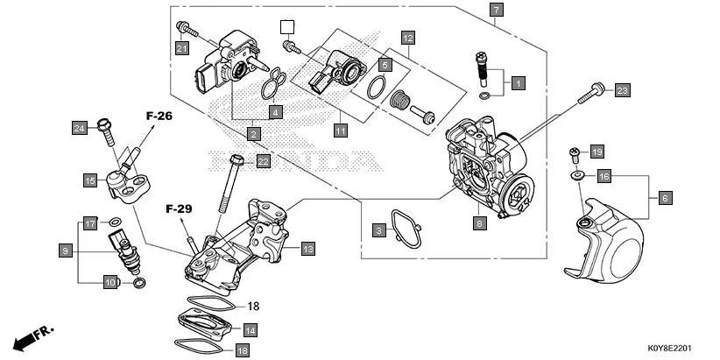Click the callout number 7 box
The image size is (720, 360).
pos(496,11)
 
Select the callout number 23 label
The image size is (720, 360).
pos(622,90)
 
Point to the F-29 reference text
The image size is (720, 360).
pos(179,209)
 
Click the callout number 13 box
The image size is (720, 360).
pos(307,250)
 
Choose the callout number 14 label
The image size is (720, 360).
pos(250,330)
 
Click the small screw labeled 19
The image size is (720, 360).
pos(575,154)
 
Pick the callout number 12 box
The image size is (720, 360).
pos(407,38)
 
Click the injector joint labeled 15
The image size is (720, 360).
pos(126,180)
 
